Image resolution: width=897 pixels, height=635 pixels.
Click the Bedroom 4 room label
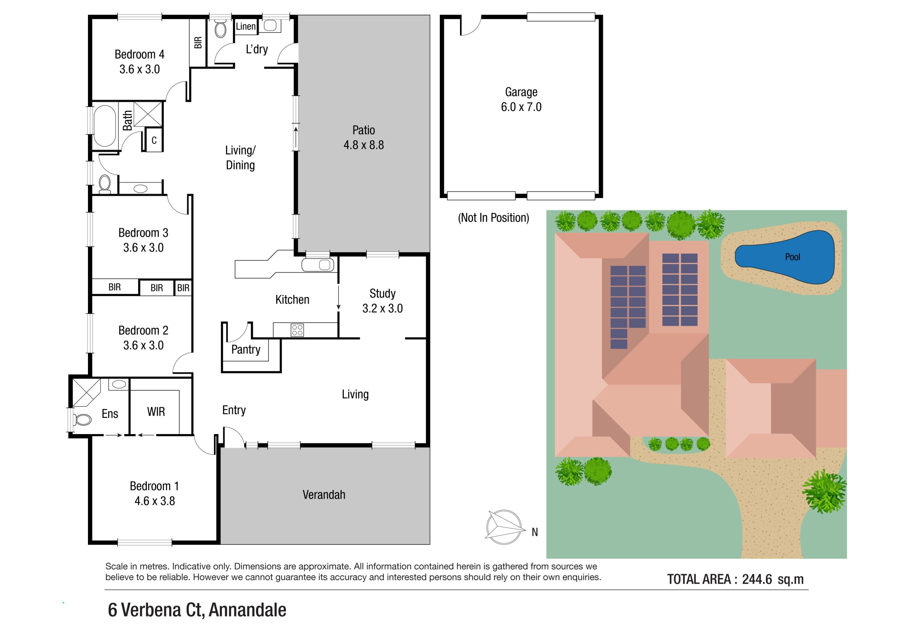click(139, 54)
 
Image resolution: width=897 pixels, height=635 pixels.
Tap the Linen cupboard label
click(245, 27)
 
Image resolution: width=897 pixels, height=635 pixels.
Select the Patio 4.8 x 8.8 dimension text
click(363, 145)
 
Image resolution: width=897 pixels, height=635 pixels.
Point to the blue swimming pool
click(785, 257)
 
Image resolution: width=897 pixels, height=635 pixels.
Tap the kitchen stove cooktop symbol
click(297, 330)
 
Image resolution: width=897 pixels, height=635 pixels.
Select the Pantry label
click(245, 349)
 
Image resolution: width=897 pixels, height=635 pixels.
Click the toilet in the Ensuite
click(82, 420)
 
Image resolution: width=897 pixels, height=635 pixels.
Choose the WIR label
click(156, 411)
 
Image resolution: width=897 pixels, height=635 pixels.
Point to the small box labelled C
click(154, 140)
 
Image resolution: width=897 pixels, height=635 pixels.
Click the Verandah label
click(323, 495)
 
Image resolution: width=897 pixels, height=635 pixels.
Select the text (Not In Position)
click(493, 217)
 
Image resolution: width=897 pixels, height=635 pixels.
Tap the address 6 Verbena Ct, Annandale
click(197, 610)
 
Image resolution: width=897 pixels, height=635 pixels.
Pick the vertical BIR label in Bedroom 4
click(198, 42)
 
